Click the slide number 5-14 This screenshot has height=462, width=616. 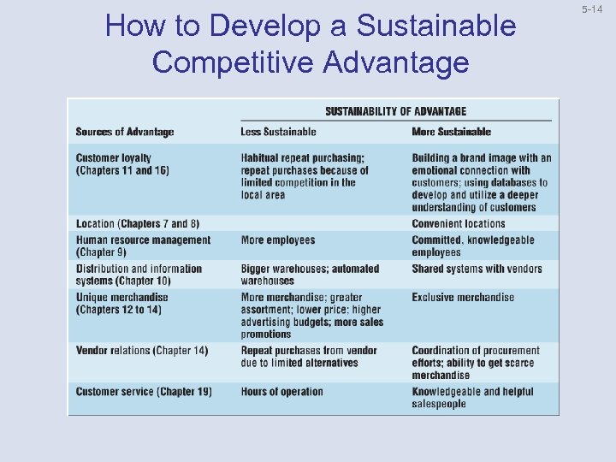(x=592, y=9)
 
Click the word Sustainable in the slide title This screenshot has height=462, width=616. (x=436, y=27)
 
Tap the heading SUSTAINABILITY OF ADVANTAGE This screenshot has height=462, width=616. (x=395, y=111)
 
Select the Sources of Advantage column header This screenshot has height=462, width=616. (x=125, y=132)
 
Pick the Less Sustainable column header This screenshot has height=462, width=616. (x=278, y=132)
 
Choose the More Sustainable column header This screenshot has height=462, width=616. (x=451, y=132)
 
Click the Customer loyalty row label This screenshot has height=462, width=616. (x=122, y=164)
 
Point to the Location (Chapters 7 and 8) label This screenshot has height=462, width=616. (x=137, y=224)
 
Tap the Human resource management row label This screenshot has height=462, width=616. (x=142, y=246)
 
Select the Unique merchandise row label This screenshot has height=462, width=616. (x=121, y=303)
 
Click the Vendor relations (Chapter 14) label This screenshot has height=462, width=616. (x=141, y=351)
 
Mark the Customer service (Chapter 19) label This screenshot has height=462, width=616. (x=144, y=392)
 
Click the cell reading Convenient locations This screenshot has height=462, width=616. (x=459, y=224)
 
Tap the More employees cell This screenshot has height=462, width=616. (x=278, y=240)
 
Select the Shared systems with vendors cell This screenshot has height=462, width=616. (x=477, y=269)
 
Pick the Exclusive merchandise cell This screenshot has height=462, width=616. (x=463, y=298)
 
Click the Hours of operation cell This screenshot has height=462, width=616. (x=281, y=392)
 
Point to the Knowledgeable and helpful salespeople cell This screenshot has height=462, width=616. (x=472, y=398)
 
